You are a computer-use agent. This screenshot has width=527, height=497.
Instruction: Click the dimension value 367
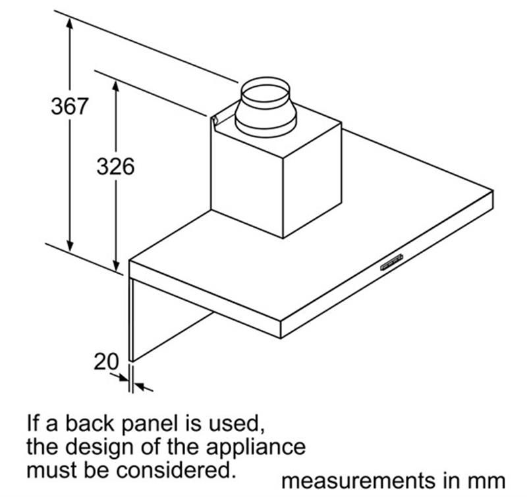pos(70,106)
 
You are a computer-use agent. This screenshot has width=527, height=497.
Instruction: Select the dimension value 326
pos(115,167)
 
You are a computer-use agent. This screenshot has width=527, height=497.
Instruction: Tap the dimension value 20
pos(106,361)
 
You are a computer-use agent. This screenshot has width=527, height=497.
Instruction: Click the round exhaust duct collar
pos(265,107)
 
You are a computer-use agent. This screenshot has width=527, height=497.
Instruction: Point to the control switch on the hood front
pos(391,262)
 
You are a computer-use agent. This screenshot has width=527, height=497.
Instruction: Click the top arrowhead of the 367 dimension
pos(70,23)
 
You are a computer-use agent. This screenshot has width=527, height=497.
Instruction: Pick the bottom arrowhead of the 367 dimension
pos(70,244)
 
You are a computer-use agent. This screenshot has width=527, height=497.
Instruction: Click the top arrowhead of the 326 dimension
pos(116,87)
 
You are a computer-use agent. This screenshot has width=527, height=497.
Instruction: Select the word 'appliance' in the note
pos(256,448)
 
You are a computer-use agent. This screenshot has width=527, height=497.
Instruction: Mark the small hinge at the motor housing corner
pos(215,120)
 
